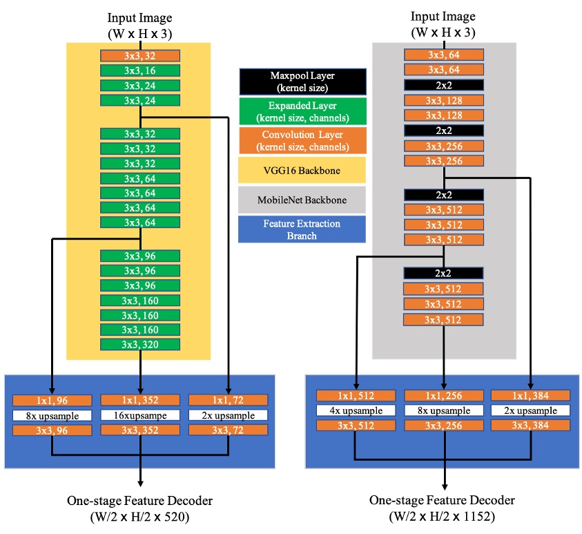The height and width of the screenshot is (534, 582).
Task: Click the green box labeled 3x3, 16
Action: [x=140, y=70]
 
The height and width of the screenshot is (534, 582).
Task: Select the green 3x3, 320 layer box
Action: [x=140, y=345]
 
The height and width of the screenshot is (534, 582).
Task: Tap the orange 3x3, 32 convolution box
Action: [x=140, y=56]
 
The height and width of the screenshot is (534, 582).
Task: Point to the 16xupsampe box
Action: [x=140, y=416]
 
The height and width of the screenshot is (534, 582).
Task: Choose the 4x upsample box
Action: [x=356, y=410]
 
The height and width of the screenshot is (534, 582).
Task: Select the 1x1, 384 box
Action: [x=531, y=396]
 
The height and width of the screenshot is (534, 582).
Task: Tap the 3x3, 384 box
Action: [x=531, y=426]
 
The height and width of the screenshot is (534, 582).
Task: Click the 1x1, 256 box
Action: [x=443, y=396]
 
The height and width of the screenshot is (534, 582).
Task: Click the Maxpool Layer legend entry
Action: [x=302, y=82]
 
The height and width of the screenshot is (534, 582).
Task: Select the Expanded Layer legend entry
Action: [x=302, y=111]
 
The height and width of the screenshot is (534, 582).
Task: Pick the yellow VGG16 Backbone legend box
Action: [x=302, y=170]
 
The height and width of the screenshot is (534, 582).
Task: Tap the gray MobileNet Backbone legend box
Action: [x=302, y=200]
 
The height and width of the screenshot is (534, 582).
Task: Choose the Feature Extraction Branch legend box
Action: [x=302, y=229]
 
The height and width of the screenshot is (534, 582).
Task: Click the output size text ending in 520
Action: [x=140, y=515]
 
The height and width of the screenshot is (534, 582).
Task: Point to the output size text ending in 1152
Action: [x=443, y=515]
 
